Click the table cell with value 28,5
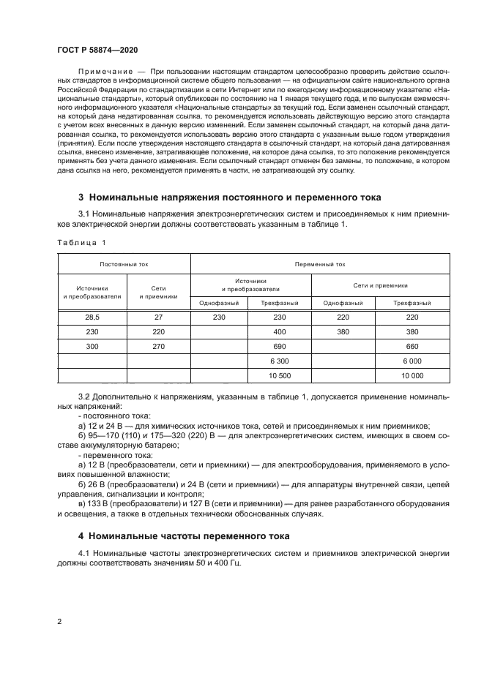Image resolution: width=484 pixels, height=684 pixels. coord(92,317)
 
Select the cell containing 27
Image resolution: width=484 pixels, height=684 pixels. coord(159,317)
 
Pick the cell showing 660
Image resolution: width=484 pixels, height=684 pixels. coord(412,346)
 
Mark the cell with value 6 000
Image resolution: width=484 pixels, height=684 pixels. coord(412,361)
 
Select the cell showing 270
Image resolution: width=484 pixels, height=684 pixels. coord(159,346)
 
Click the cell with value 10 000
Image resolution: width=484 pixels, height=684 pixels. coord(412,375)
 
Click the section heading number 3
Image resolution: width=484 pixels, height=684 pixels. coord(81,198)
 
